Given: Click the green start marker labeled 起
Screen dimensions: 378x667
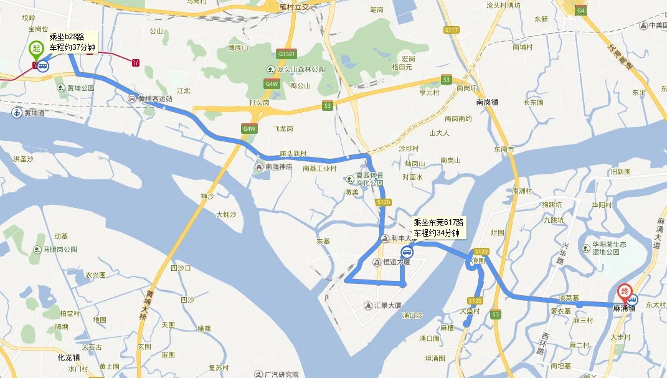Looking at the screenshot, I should [x=37, y=48].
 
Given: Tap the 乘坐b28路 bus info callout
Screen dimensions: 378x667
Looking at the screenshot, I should [x=72, y=42].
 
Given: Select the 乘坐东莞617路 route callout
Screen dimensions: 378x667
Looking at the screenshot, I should [x=438, y=227].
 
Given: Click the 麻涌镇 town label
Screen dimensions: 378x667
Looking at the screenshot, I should [x=624, y=308].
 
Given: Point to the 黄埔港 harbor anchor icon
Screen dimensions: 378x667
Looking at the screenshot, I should [x=17, y=113].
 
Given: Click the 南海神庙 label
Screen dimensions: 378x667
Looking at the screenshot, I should [x=278, y=166].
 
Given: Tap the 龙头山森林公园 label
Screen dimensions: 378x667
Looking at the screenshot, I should [x=301, y=70].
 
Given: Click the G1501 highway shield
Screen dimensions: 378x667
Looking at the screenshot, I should [x=288, y=54].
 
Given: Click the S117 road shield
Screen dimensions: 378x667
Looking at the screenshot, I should [x=452, y=30].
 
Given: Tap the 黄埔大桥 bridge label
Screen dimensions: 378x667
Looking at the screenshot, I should [x=149, y=305].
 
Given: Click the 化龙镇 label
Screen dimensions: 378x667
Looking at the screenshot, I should [x=69, y=357].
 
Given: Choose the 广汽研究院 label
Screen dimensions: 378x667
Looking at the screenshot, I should [x=282, y=374].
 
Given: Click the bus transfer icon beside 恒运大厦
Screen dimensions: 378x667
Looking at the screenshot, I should [x=407, y=252].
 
